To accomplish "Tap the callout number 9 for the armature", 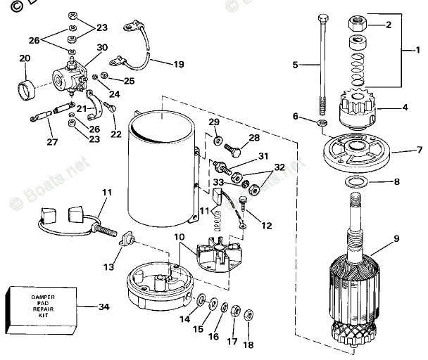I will pyautogui.click(x=396, y=238).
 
